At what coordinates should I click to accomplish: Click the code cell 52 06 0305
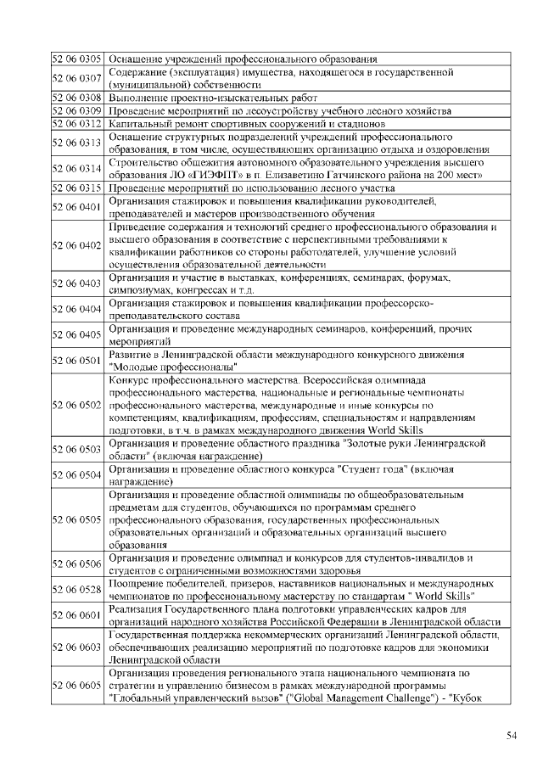point(77,59)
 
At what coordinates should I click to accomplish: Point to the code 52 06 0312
point(77,124)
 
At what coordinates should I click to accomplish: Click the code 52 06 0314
point(77,169)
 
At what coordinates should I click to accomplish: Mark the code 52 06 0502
point(77,405)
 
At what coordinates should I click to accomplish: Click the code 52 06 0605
point(77,684)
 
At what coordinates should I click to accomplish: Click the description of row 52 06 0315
point(252,188)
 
